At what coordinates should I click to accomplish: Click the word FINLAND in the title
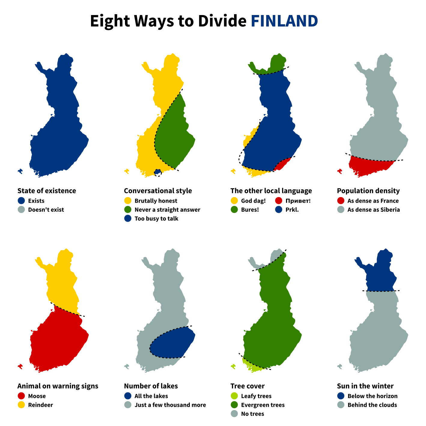click(x=284, y=21)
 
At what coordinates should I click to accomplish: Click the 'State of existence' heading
click(x=47, y=191)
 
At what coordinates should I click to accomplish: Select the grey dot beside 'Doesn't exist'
click(x=21, y=209)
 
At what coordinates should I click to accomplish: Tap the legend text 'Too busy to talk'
click(x=156, y=218)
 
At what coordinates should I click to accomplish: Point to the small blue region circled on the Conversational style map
click(x=157, y=172)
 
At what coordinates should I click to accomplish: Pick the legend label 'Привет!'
click(x=298, y=201)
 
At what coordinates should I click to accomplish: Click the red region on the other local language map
click(x=282, y=164)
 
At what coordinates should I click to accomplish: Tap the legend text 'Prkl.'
click(x=292, y=209)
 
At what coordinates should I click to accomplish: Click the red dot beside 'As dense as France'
click(x=341, y=201)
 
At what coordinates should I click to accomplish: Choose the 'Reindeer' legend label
click(x=40, y=405)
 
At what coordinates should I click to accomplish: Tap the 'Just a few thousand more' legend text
click(x=170, y=405)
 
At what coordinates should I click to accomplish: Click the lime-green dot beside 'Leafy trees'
click(x=234, y=396)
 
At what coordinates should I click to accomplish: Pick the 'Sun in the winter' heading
click(x=365, y=386)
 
